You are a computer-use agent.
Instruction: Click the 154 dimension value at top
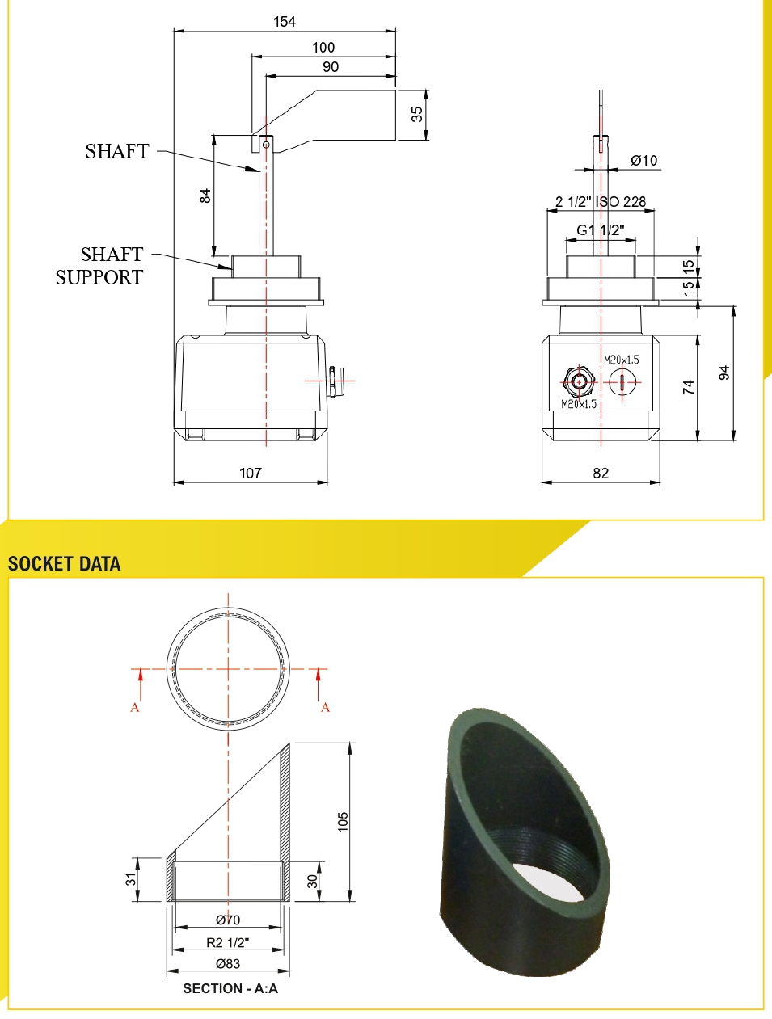click(285, 22)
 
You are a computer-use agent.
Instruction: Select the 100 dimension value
click(323, 48)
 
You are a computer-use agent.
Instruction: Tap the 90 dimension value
click(331, 67)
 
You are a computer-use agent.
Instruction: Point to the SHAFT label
click(117, 151)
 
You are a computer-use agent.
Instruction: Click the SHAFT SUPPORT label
click(100, 266)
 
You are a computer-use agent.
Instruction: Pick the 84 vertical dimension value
click(205, 195)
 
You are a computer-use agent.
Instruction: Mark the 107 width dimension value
click(251, 473)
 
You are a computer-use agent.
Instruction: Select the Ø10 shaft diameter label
click(644, 161)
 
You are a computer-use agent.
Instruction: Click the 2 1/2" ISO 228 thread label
click(601, 202)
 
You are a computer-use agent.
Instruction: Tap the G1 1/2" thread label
click(601, 230)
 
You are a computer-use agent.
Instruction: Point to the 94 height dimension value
click(724, 373)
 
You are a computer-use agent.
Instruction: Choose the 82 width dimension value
click(601, 473)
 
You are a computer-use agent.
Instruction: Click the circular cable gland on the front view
click(578, 381)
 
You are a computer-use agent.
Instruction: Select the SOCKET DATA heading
click(65, 564)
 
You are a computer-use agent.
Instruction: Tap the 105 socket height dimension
click(343, 822)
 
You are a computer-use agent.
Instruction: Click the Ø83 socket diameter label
click(228, 963)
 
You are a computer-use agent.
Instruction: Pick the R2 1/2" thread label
click(228, 942)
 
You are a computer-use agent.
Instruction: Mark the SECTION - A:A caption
click(230, 988)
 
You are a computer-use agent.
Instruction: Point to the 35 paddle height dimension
click(417, 114)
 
